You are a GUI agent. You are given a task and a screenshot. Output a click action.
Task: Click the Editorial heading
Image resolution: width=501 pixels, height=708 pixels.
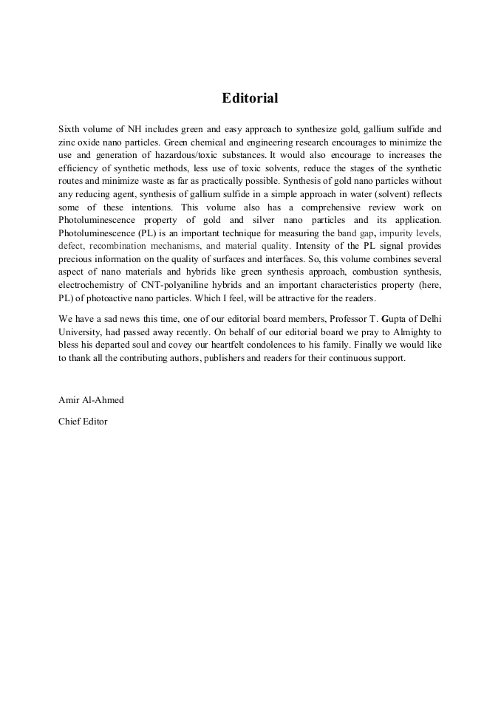click(250, 97)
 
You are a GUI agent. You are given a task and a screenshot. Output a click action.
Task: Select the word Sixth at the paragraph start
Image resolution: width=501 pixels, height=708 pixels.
click(69, 128)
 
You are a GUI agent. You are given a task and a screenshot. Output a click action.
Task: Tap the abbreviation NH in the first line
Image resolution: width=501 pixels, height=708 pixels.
click(134, 128)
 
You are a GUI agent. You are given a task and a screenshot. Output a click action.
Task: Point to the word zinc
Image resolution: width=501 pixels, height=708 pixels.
click(67, 142)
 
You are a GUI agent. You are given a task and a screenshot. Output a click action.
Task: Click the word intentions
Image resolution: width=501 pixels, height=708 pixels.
click(151, 208)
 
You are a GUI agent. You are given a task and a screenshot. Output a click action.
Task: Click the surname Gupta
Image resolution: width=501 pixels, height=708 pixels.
click(395, 318)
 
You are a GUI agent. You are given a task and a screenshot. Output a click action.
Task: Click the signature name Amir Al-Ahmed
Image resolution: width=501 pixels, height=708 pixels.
click(91, 400)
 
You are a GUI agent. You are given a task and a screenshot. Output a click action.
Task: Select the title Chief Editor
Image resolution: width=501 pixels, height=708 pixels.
click(83, 422)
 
